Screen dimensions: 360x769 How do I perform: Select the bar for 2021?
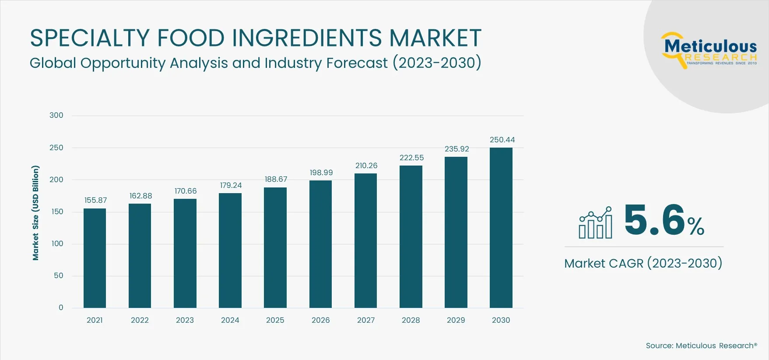click(x=95, y=258)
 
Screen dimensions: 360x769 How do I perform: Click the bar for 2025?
click(x=275, y=247)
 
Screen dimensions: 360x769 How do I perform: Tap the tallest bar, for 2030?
click(x=501, y=228)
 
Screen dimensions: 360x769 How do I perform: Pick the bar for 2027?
click(x=365, y=240)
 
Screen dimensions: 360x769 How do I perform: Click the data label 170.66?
click(x=186, y=191)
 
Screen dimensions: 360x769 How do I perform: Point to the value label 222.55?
click(x=411, y=158)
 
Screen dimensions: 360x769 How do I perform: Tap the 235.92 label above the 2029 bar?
click(x=456, y=149)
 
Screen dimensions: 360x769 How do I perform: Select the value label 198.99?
click(x=321, y=173)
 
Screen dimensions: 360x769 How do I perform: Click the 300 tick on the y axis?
click(x=56, y=115)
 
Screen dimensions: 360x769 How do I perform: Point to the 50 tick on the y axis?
click(x=58, y=275)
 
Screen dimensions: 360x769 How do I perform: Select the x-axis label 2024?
click(x=230, y=320)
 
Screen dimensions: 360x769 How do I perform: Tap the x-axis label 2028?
click(x=411, y=320)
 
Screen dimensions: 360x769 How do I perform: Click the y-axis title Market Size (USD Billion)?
click(x=35, y=213)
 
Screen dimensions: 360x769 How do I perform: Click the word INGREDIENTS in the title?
click(x=307, y=38)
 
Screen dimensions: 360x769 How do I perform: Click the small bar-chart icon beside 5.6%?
click(x=595, y=223)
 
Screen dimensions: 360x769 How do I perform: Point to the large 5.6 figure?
click(x=654, y=220)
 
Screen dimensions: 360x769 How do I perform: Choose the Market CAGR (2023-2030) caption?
click(x=643, y=263)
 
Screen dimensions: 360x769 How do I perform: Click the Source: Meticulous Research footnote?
click(x=701, y=346)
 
